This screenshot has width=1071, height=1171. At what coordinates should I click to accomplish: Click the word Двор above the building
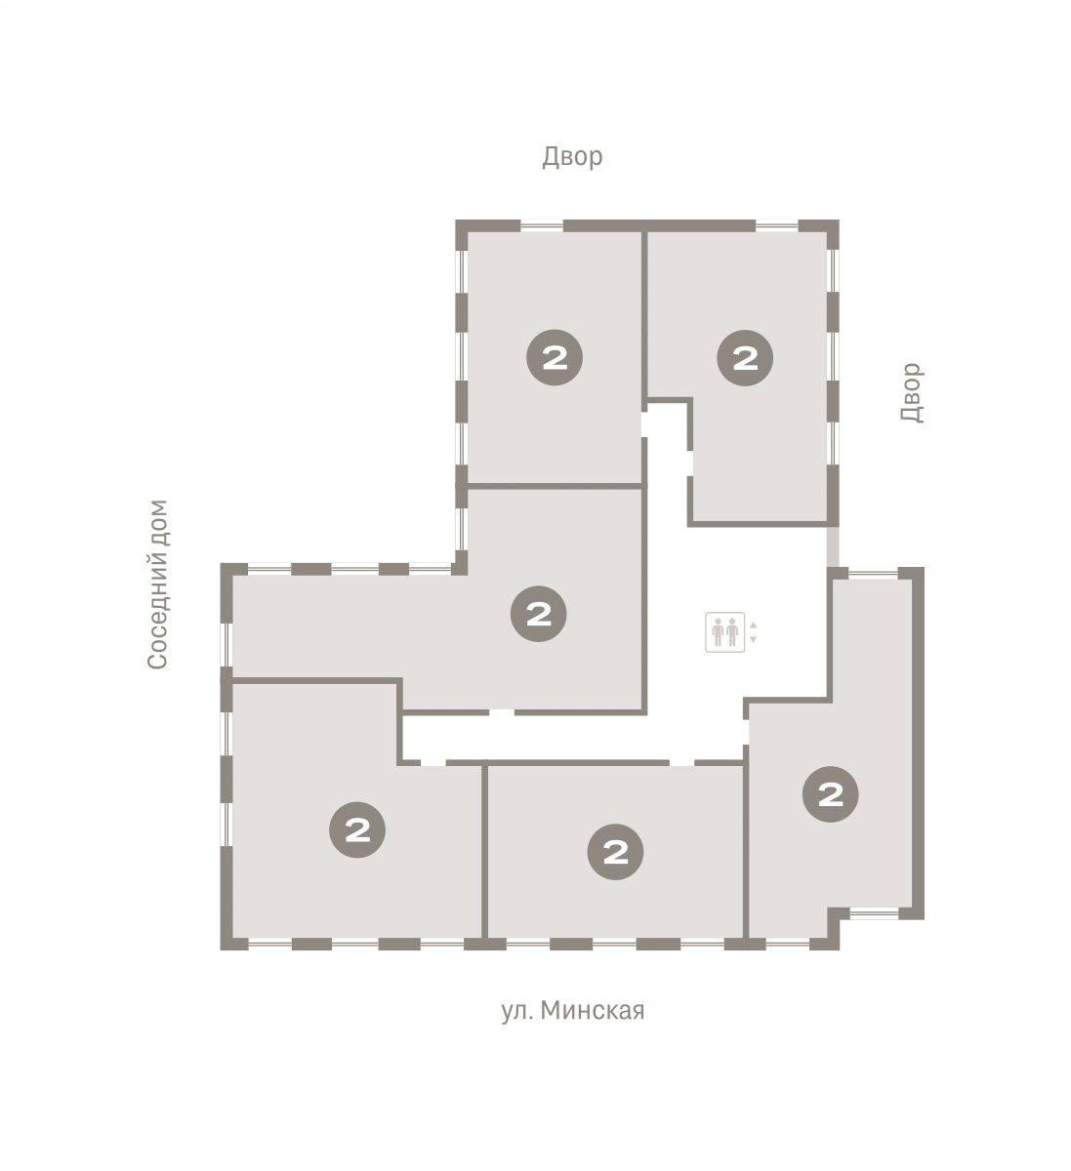click(571, 157)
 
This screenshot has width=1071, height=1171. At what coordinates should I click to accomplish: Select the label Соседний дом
click(158, 584)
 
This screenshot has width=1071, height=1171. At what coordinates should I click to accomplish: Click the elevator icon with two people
click(724, 631)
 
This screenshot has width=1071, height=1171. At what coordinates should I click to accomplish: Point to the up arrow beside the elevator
click(753, 626)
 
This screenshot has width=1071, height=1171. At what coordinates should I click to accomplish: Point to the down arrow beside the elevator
click(753, 639)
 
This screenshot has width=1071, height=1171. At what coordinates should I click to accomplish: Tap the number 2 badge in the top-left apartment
click(554, 357)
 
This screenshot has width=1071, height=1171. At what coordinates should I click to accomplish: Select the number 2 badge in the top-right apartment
click(744, 358)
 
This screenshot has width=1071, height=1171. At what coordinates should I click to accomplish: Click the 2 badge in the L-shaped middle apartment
click(538, 614)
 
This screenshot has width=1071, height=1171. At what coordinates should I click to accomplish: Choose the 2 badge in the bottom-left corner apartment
click(357, 829)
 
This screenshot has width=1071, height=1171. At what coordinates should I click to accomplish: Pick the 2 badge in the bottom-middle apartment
click(615, 852)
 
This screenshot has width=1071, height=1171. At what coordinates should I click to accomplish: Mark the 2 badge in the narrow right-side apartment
click(830, 794)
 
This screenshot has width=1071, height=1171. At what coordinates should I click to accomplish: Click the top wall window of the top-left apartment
click(542, 226)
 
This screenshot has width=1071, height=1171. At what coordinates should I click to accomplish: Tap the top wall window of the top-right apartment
click(776, 226)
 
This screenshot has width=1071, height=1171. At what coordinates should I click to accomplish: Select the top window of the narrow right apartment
click(873, 573)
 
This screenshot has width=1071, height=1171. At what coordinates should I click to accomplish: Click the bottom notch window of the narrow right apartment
click(874, 913)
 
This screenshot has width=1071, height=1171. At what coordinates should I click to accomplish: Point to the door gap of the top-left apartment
click(644, 424)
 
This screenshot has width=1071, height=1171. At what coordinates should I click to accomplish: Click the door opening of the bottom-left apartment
click(433, 762)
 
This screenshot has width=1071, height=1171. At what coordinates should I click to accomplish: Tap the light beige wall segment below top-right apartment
click(833, 546)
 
